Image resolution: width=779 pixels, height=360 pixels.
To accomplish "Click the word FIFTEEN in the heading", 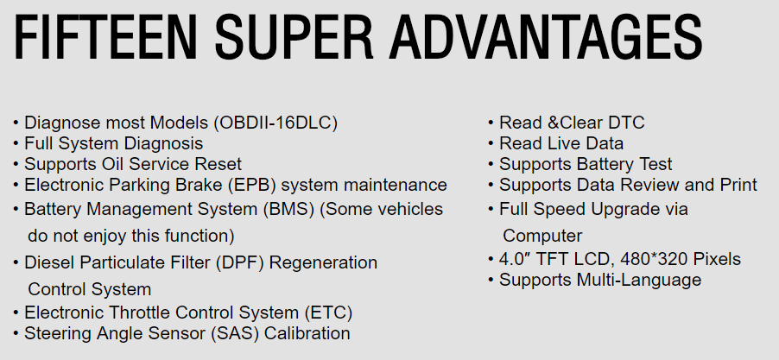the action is pyautogui.click(x=105, y=37).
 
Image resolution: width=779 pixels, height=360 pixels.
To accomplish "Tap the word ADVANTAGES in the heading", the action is pyautogui.click(x=546, y=37).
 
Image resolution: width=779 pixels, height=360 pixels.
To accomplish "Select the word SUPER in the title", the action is pyautogui.click(x=294, y=37).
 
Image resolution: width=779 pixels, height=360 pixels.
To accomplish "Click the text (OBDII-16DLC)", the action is pyautogui.click(x=275, y=123).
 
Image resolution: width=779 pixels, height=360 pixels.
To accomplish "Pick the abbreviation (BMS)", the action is pyautogui.click(x=289, y=209).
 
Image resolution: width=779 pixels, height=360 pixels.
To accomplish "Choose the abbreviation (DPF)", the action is pyautogui.click(x=240, y=262).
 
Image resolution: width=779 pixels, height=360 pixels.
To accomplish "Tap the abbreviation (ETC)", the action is pyautogui.click(x=328, y=313).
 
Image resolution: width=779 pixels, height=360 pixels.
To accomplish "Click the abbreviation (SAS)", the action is pyautogui.click(x=235, y=333).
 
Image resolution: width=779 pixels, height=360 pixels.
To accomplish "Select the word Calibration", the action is pyautogui.click(x=307, y=333).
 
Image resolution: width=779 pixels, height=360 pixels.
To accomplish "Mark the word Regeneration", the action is pyautogui.click(x=323, y=263).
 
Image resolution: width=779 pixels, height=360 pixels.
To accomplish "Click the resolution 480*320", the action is pyautogui.click(x=654, y=259).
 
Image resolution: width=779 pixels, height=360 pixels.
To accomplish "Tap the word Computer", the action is pyautogui.click(x=542, y=237).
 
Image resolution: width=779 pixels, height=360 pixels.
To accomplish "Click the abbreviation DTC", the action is pyautogui.click(x=628, y=123).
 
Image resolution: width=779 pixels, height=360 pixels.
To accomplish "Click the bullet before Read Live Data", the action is pyautogui.click(x=491, y=144).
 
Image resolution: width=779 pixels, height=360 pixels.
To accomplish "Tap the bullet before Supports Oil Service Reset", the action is pyautogui.click(x=16, y=165).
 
